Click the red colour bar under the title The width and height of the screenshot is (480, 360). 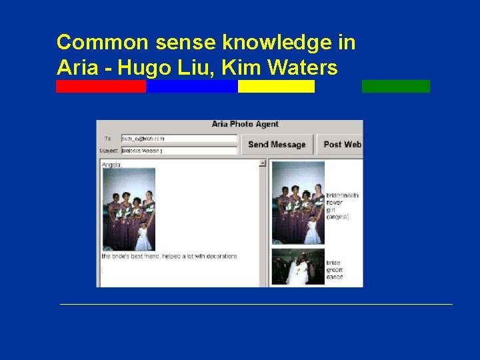coord(101,87)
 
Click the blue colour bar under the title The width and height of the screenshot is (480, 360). coord(192,87)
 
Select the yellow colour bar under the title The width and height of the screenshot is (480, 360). coord(276,87)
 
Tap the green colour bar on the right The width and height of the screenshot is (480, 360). coord(396,87)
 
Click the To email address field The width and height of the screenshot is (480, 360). coord(179,139)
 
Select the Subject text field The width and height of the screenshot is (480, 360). coord(179,151)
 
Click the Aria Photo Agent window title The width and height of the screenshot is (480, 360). coord(245,124)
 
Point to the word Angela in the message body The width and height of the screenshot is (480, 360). coord(111,164)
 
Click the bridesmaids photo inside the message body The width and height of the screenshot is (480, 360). coord(129,209)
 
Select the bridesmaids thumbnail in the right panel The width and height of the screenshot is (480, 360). coord(298,203)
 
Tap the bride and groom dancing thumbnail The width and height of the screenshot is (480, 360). coord(298,267)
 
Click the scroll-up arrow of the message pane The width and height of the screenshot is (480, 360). coord(262,163)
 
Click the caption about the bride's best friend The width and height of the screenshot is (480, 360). coord(169,256)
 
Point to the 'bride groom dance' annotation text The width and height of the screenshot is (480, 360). coord(335,269)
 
